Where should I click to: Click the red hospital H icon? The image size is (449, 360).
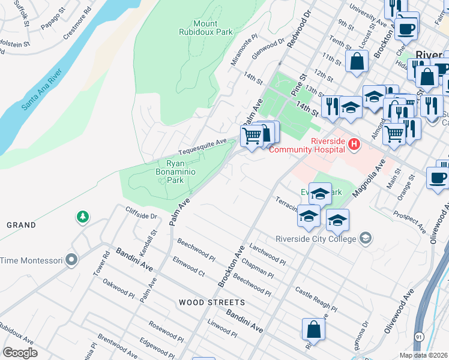coord(354,145)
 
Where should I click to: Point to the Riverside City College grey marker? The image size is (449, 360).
coord(364,238)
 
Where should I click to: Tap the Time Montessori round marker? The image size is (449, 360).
coord(72,260)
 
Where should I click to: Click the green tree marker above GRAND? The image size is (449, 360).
coord(82,216)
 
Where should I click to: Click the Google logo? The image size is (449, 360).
coord(20,352)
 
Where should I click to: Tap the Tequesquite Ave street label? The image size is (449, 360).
coord(202,147)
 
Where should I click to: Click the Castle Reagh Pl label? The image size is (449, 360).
coord(312,294)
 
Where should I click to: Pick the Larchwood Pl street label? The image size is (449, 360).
coord(267,253)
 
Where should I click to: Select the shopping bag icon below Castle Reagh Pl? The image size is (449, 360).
coord(313,329)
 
